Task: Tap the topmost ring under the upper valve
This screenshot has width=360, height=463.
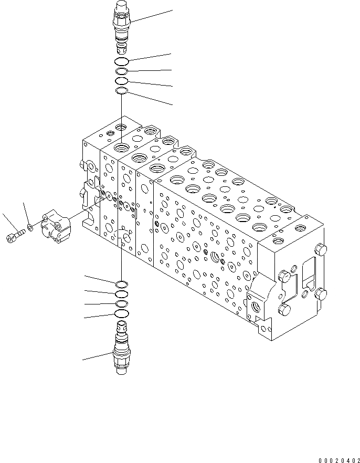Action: click(121, 62)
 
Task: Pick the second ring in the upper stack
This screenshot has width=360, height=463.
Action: click(121, 72)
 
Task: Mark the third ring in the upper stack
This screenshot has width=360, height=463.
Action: click(121, 81)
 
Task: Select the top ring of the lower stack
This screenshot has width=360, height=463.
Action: click(121, 285)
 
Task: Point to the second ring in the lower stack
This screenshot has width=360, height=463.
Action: click(121, 294)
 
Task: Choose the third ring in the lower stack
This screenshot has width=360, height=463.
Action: click(121, 304)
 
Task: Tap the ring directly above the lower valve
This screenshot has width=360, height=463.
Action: click(121, 314)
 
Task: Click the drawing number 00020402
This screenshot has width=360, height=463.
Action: click(338, 460)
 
